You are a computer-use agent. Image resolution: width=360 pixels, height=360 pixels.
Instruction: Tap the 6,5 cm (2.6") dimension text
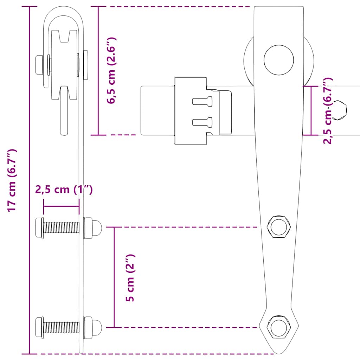point(112,70)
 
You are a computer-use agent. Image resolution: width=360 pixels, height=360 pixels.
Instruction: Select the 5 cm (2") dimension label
point(130,278)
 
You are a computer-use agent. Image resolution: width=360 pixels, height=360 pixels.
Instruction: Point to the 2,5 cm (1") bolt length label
point(64,190)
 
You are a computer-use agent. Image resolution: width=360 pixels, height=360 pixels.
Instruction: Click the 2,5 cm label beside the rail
point(328,111)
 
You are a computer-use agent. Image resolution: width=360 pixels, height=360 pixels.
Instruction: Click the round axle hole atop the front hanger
point(279,60)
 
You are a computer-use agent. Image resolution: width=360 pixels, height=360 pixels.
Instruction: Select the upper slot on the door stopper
point(202,101)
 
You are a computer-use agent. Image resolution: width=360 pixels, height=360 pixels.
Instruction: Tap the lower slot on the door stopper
point(202,122)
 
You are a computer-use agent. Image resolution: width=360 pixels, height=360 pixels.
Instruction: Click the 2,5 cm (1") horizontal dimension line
point(61,206)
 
